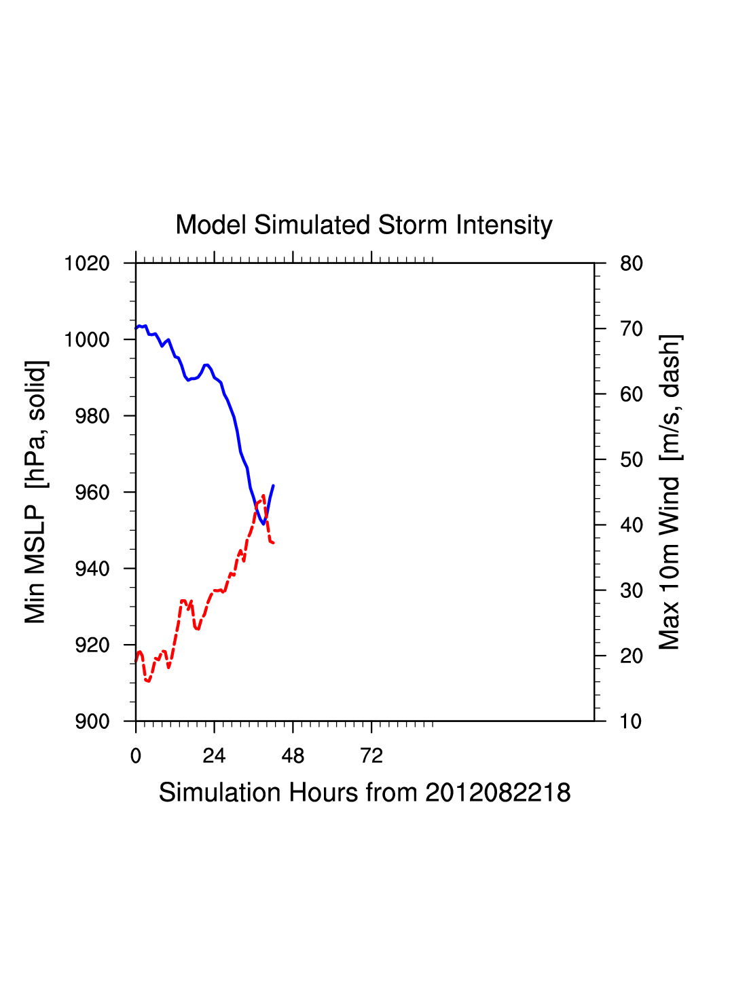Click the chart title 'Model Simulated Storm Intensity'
[364, 225]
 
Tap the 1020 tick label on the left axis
[87, 263]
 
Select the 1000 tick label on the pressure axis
[87, 339]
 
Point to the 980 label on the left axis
[92, 416]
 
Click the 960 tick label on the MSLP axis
[92, 492]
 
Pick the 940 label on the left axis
[92, 569]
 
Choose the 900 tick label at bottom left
[92, 721]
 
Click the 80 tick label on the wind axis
[632, 263]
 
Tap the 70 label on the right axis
[632, 329]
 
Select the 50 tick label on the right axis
[632, 460]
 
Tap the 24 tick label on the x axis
[214, 756]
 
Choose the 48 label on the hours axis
[293, 756]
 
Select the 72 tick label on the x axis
[371, 756]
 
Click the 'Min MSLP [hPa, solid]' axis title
[35, 492]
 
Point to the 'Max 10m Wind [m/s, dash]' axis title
[670, 492]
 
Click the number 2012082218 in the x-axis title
[498, 793]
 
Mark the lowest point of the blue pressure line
[263, 524]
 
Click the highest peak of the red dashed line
[263, 495]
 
